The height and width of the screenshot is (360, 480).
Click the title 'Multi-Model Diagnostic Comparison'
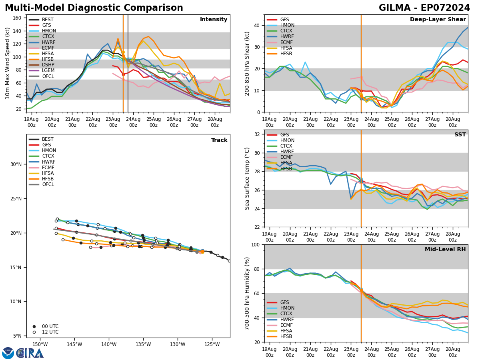click(x=94, y=8)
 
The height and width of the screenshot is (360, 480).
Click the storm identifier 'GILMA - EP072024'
click(x=424, y=8)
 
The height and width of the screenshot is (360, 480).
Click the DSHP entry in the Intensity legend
click(x=48, y=65)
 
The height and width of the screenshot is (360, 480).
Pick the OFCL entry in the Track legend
click(x=48, y=184)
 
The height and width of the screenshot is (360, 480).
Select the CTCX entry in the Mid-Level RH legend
click(x=287, y=314)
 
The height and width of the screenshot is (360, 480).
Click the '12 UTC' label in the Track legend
click(x=50, y=332)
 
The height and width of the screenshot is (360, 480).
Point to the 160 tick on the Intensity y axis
click(x=18, y=18)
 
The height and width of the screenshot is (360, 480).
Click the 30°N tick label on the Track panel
click(x=16, y=164)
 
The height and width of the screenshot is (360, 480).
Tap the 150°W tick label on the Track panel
click(x=40, y=344)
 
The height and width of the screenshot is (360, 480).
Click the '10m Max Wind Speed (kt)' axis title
click(x=7, y=63)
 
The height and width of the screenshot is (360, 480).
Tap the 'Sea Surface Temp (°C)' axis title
click(x=248, y=178)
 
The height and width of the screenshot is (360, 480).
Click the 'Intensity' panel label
click(x=214, y=20)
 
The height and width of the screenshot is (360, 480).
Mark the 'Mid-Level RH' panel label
click(x=445, y=250)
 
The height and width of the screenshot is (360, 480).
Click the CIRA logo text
click(x=30, y=353)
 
